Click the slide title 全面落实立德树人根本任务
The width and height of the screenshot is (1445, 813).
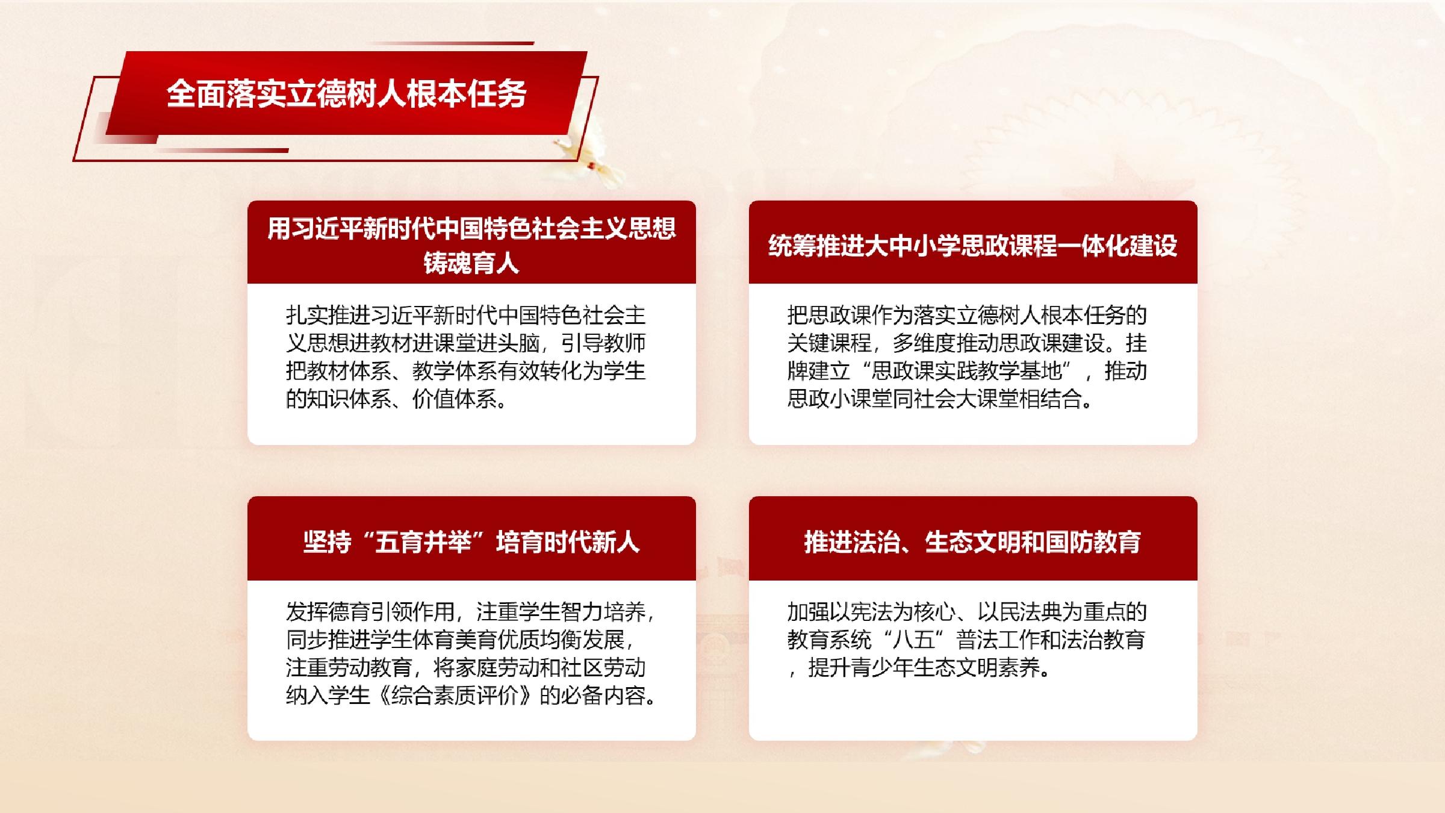point(347,94)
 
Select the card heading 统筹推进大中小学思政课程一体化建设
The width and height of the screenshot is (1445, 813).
point(972,246)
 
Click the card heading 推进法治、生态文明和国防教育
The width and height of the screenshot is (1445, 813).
point(972,542)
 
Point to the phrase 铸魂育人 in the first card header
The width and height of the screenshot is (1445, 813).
point(471,263)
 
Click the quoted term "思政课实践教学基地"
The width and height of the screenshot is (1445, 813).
point(967,371)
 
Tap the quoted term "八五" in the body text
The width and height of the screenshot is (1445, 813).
point(913,640)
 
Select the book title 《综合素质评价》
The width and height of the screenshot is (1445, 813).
point(455,696)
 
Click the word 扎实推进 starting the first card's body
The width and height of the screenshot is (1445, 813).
point(328,315)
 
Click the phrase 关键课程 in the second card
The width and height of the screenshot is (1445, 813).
point(830,343)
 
